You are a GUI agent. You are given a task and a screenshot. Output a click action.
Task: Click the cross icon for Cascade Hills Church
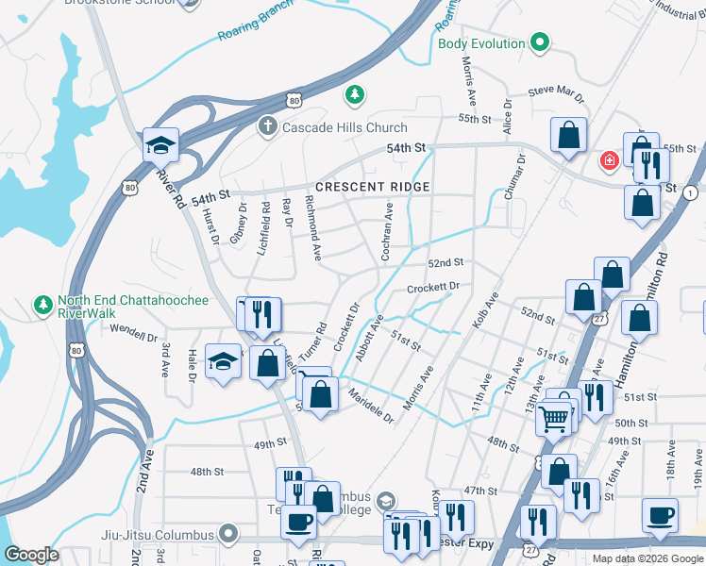267,126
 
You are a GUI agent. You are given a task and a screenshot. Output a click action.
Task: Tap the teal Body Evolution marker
540,42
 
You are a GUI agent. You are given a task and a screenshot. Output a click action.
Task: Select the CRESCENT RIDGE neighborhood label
373,187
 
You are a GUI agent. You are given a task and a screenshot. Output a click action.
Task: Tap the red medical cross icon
609,160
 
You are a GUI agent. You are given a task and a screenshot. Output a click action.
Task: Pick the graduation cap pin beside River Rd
160,145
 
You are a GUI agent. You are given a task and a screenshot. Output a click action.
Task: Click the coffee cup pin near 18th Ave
660,515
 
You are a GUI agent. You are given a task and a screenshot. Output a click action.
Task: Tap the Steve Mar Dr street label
557,92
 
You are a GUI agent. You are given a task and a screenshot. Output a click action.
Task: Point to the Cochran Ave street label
387,231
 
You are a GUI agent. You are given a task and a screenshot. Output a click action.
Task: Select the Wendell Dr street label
133,334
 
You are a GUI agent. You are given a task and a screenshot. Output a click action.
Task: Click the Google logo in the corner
32,554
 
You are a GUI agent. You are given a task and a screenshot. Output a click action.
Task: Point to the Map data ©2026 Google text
646,558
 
